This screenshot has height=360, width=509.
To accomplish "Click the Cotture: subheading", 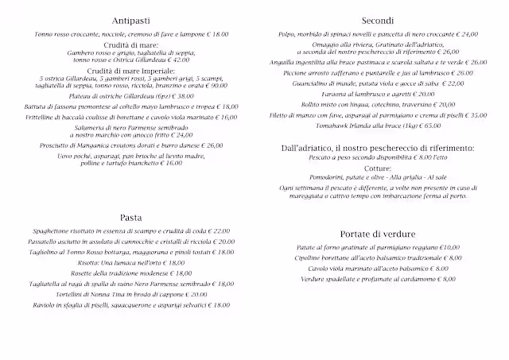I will [x=376, y=168].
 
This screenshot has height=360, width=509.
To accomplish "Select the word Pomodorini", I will [x=324, y=178].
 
